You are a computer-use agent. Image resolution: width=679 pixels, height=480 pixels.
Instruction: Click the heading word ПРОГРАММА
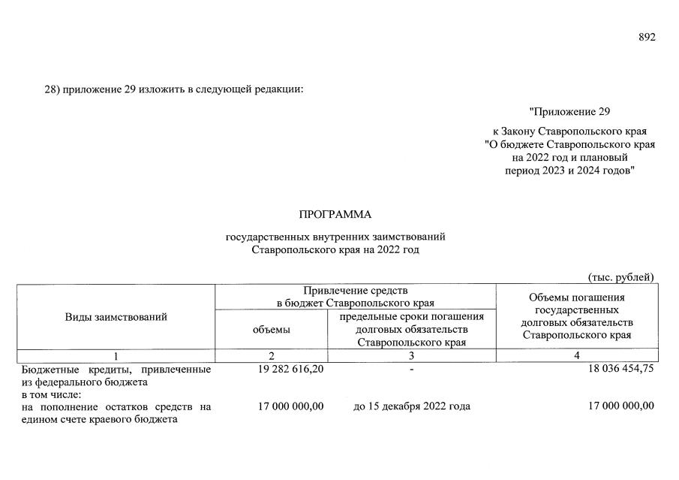click(335, 215)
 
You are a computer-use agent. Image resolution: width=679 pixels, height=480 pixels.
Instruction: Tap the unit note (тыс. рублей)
click(621, 276)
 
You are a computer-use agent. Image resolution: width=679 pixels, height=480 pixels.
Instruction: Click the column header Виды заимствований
click(116, 317)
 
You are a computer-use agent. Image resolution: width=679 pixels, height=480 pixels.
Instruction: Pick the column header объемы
click(271, 329)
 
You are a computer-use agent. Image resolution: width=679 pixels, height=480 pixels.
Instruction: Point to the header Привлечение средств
click(356, 290)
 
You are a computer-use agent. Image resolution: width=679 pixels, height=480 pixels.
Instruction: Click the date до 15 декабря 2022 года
click(412, 406)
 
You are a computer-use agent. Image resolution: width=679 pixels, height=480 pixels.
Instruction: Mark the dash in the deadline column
click(412, 370)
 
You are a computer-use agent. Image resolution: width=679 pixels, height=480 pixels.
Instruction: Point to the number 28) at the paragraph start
click(52, 90)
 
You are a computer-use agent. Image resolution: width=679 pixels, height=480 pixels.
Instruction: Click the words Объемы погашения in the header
click(576, 297)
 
